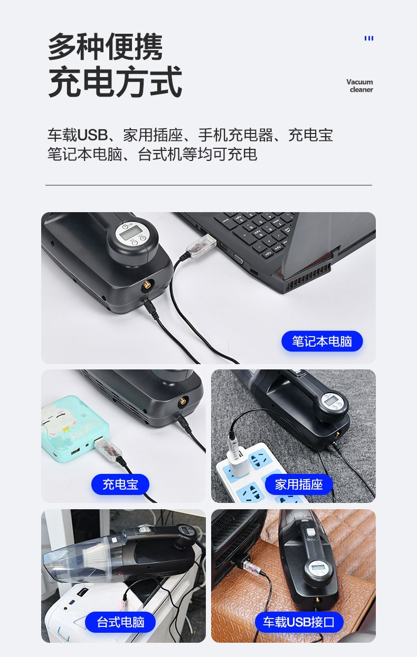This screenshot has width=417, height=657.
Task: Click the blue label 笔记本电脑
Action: (322, 341)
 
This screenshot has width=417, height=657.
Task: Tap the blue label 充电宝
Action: (120, 484)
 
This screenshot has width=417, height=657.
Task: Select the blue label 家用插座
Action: (299, 484)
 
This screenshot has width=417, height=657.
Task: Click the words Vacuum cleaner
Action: (360, 85)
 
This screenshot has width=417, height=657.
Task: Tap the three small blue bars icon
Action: (369, 38)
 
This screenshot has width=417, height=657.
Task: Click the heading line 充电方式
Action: (115, 81)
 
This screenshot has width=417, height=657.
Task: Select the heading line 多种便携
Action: (106, 46)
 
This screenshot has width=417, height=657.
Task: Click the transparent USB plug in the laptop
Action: (201, 246)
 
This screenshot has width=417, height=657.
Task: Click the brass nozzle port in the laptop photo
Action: (146, 285)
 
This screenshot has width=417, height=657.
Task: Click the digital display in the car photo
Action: (317, 567)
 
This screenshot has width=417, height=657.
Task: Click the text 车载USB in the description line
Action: (78, 135)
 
